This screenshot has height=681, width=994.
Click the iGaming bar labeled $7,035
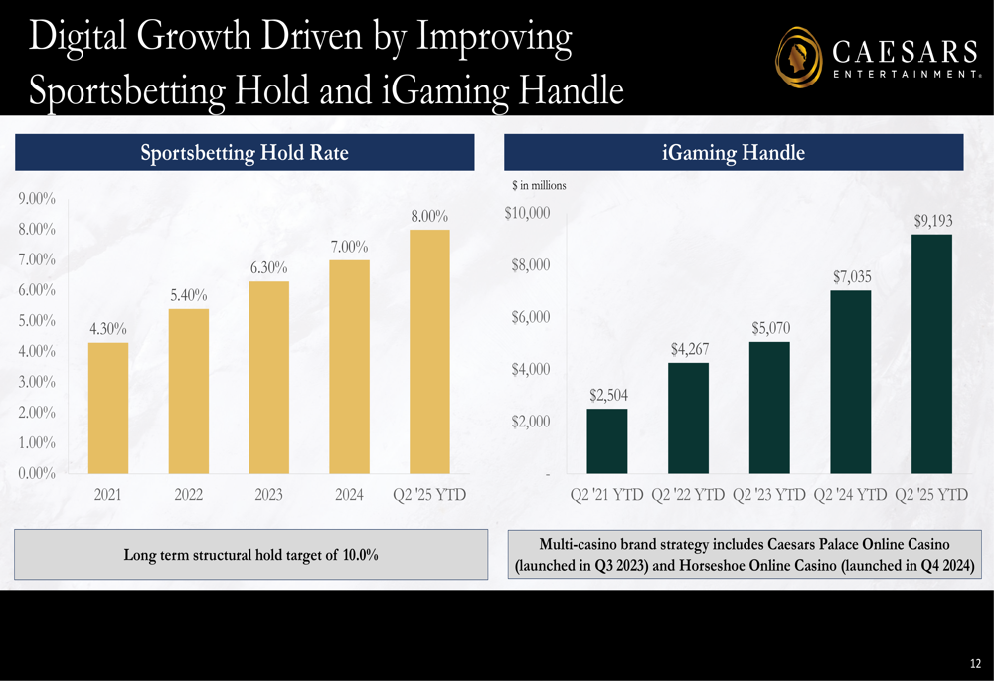tap(850, 382)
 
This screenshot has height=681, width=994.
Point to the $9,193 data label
tap(932, 221)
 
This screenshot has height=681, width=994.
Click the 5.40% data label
tap(189, 295)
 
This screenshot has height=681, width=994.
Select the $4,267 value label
tap(689, 349)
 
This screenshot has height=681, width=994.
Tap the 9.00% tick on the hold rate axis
tap(37, 199)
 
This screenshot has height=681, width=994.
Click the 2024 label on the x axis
tap(349, 494)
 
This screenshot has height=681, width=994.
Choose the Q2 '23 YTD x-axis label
tap(769, 494)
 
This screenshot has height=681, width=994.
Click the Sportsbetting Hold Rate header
tap(245, 153)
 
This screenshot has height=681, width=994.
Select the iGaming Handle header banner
tap(734, 153)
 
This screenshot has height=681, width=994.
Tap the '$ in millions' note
tap(539, 185)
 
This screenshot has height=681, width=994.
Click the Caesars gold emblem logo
tap(798, 57)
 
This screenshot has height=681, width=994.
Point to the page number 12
tap(975, 663)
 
